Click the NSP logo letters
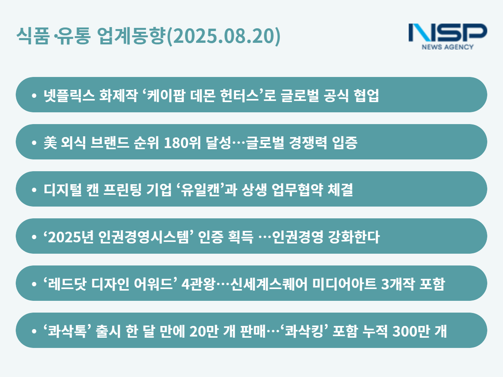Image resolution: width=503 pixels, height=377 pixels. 448,33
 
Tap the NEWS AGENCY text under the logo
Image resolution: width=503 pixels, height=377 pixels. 448,47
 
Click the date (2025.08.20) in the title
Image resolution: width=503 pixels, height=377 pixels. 224,36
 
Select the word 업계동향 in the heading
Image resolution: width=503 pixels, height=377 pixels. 131,35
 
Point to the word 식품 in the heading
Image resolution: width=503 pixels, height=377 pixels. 33,35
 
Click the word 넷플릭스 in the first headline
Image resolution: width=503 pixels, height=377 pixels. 69,95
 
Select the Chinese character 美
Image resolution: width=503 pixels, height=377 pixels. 50,143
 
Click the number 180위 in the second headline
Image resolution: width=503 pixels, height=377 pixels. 182,143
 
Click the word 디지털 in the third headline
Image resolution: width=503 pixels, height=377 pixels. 62,190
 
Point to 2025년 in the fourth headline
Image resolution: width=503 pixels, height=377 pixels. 71,237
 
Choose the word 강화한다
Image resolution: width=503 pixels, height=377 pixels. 354,237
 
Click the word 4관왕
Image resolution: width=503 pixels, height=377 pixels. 198,284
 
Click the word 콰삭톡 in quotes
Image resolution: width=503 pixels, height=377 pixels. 67,331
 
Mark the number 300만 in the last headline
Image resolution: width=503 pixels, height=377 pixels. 410,331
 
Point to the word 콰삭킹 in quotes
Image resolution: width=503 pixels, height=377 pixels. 304,331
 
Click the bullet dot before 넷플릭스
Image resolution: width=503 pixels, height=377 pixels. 34,95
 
